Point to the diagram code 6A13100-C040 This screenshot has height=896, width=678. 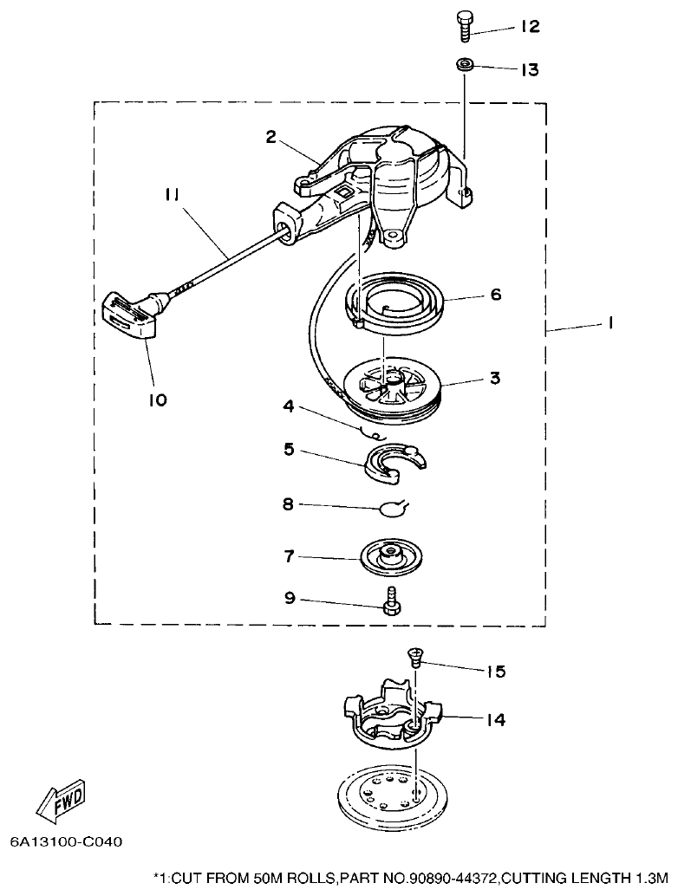[x=67, y=841]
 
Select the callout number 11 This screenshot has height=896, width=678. [x=172, y=196]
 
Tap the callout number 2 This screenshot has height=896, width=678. [x=271, y=136]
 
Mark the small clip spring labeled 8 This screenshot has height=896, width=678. [x=394, y=508]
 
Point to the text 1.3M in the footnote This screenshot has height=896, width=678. [x=653, y=876]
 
